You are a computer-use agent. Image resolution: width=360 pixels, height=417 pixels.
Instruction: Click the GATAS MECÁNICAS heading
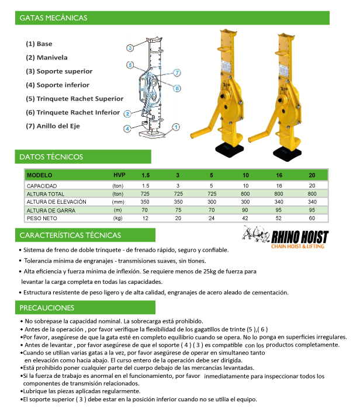pos(53,18)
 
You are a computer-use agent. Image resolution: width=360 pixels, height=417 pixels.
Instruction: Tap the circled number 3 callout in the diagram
pos(130,48)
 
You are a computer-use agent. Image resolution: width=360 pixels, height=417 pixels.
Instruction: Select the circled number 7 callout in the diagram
pos(177,72)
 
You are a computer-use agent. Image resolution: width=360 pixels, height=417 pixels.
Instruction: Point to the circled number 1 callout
pos(176,127)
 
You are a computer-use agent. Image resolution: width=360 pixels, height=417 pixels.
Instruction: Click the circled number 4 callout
pos(127,128)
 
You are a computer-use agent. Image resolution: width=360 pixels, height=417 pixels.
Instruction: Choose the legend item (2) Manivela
pos(47,57)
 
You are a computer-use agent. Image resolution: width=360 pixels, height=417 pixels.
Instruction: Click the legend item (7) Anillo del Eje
pos(53,126)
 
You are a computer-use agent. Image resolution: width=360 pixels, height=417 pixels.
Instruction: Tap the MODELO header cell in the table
pos(39,175)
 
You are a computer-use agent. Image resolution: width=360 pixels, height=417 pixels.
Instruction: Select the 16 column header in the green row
pos(279,175)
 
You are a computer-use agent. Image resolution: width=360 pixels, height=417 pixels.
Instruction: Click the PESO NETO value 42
pos(245,218)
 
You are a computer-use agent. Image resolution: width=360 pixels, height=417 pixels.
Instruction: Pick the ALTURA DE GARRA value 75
pos(178,210)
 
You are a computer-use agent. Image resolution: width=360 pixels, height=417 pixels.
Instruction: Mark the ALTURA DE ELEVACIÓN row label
pos(57,202)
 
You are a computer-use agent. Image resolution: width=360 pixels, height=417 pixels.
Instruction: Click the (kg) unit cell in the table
pos(117,218)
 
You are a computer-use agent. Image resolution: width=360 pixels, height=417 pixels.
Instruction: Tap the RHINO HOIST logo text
pos(300,237)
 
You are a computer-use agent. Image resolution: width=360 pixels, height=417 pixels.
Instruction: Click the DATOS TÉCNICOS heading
pos(51,157)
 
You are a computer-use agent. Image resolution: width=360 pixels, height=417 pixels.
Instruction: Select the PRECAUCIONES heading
pos(47,308)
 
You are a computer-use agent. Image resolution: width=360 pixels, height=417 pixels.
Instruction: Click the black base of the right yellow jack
pos(287,154)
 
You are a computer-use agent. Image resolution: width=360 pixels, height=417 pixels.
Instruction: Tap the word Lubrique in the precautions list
pos(34,391)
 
